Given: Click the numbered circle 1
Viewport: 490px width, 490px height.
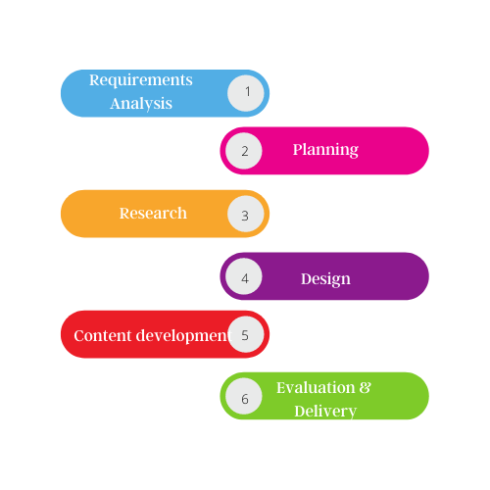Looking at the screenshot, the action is tap(246, 93).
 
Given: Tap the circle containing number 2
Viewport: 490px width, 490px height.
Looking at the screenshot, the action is tap(244, 151).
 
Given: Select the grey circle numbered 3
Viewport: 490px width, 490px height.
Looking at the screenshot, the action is tap(246, 214).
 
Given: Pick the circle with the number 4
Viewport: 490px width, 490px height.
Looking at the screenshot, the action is tap(244, 276).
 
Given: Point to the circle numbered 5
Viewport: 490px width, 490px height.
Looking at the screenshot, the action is tap(246, 334).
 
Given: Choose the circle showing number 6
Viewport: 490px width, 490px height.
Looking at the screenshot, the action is tap(244, 396).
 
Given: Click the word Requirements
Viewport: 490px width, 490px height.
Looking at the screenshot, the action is tap(141, 80).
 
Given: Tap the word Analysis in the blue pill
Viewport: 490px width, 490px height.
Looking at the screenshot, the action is tap(141, 104).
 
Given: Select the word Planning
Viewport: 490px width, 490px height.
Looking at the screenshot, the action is tap(325, 150).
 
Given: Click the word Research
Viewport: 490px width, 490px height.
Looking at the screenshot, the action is tap(153, 214).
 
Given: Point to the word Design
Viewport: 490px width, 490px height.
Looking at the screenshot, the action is tap(325, 279).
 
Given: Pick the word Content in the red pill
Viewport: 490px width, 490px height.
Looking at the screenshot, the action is tap(103, 335).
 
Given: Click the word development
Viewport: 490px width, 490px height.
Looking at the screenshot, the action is tap(183, 336).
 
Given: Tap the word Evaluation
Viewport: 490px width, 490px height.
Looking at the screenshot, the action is tap(316, 388).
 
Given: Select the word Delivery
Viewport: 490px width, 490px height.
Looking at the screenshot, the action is tap(325, 412).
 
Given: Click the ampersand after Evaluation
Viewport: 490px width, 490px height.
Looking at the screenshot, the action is tap(366, 388).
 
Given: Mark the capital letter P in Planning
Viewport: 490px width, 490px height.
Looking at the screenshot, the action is tap(298, 149).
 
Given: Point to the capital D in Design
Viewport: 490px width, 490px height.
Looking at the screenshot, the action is tap(307, 278).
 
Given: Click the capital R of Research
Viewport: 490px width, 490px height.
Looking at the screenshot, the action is tap(124, 214).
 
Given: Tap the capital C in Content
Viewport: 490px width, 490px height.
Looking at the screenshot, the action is tap(79, 336).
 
